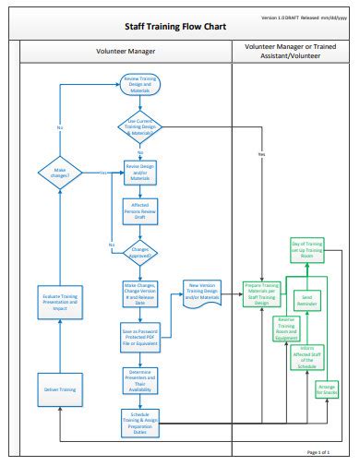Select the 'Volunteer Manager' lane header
[x=126, y=52]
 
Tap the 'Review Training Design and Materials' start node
[x=139, y=85]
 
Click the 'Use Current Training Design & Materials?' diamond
[x=139, y=126]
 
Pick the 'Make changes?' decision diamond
[x=60, y=172]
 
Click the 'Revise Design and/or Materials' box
[x=140, y=172]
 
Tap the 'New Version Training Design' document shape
[x=204, y=291]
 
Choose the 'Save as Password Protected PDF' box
[x=140, y=338]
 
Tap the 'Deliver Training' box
[x=60, y=389]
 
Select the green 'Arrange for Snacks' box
[x=328, y=389]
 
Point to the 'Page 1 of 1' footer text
[x=318, y=452]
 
